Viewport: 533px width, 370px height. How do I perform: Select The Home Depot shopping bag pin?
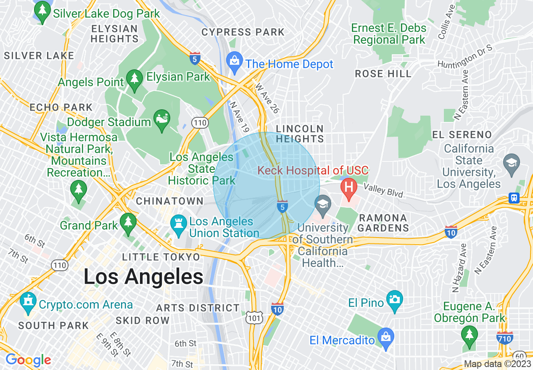click(234, 60)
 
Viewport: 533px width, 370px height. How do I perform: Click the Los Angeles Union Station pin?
click(178, 223)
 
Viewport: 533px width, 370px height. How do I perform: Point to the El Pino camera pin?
click(395, 299)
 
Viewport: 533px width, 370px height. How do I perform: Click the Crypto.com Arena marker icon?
click(28, 301)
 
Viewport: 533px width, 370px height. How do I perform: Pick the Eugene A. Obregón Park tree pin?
click(469, 335)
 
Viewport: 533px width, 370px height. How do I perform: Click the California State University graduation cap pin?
click(512, 162)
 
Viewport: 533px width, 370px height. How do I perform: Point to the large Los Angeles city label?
click(143, 277)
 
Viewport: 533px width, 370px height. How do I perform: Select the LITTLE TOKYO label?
click(161, 257)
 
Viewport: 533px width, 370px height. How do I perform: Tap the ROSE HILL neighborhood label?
click(383, 74)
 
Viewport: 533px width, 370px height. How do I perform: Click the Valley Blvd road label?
click(383, 190)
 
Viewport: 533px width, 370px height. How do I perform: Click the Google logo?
click(28, 360)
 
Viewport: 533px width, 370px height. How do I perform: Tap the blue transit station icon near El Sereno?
click(514, 198)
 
